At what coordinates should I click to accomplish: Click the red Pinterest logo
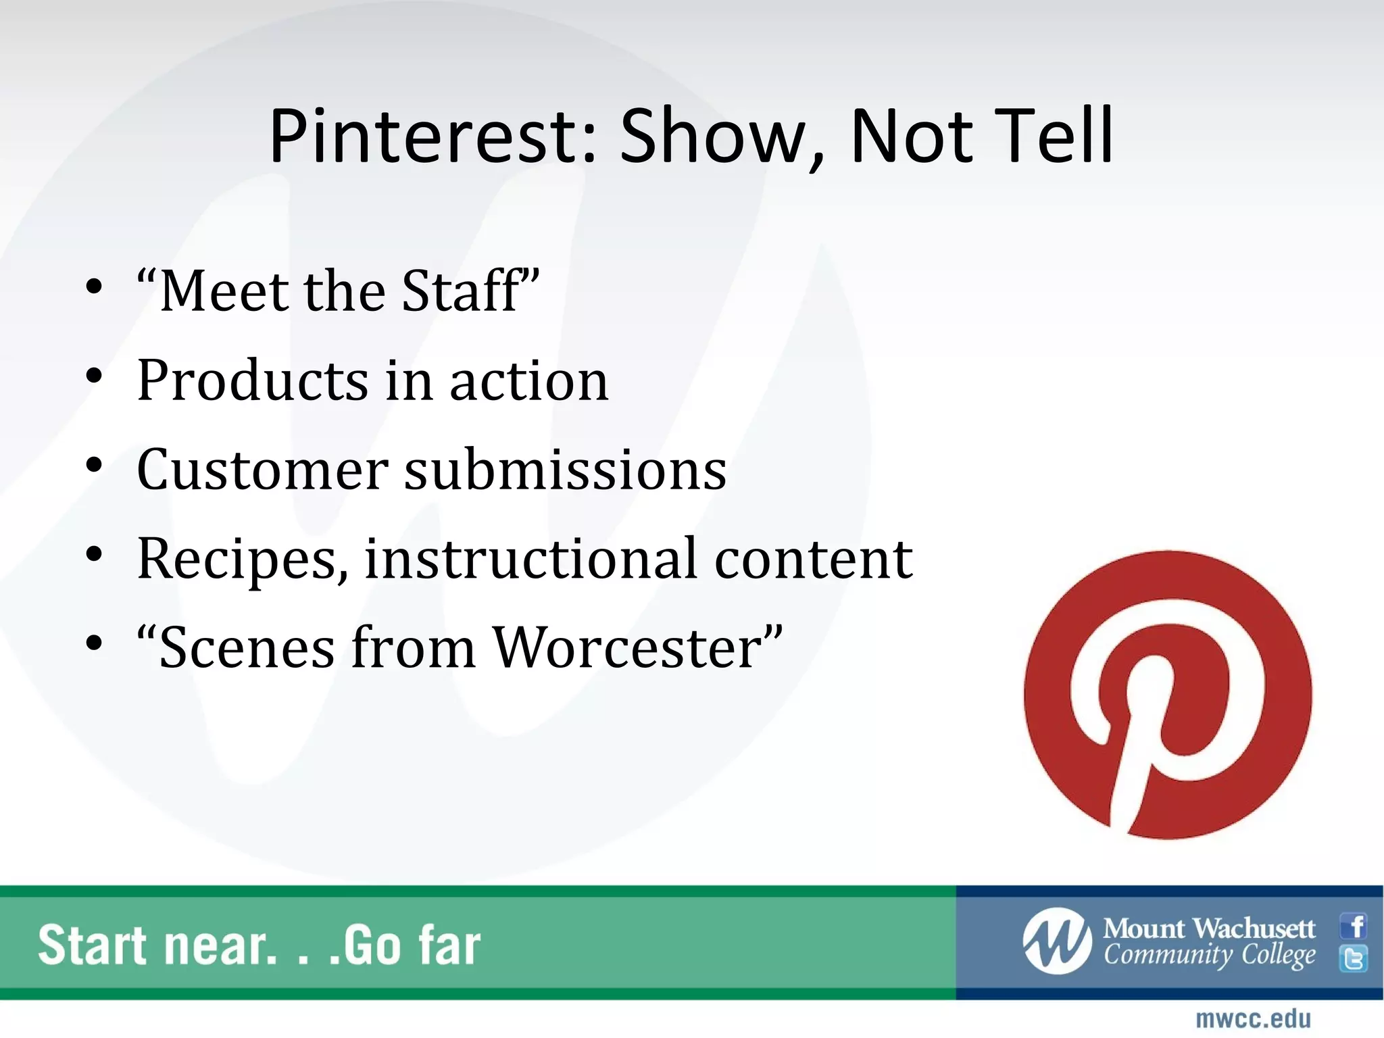pos(1168,695)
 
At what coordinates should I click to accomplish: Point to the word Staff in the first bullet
pos(466,291)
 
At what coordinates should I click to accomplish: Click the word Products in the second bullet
pos(253,380)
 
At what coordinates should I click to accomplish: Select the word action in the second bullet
pos(529,380)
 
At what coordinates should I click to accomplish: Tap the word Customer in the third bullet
pos(262,470)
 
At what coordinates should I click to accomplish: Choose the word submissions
pos(565,470)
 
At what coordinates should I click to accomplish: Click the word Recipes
pos(242,560)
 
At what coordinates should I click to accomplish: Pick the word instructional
pos(530,558)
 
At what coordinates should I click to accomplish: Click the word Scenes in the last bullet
pos(247,647)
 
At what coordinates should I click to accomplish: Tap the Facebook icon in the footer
pos(1354,926)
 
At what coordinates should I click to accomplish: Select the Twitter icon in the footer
pos(1354,959)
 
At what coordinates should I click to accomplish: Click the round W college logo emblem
pos(1057,941)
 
